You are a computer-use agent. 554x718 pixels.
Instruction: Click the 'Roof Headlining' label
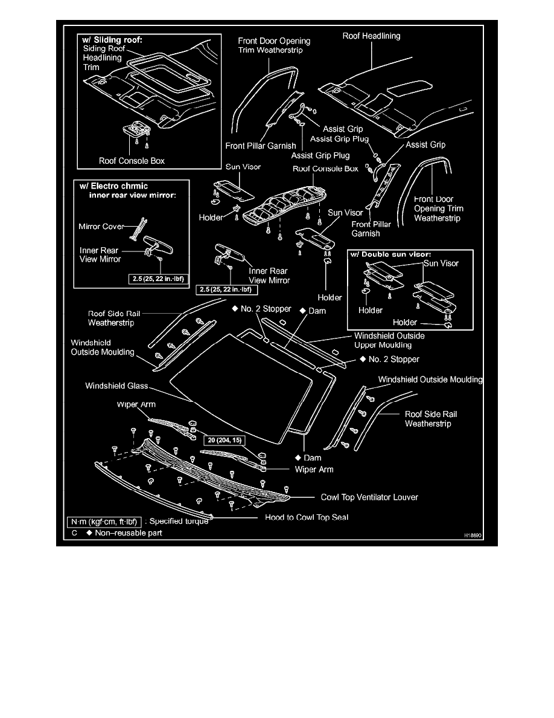tap(371, 36)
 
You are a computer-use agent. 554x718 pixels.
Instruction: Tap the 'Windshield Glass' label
tap(116, 385)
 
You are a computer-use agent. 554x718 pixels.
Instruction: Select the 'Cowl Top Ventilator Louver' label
tap(369, 497)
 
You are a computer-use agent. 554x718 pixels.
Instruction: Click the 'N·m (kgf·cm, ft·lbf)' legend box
tap(104, 521)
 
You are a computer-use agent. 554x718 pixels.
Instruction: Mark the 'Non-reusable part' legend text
tap(129, 533)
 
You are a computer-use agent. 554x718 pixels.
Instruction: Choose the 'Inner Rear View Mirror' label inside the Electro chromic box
tap(100, 254)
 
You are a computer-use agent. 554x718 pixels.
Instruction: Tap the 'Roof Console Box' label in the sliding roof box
tap(132, 161)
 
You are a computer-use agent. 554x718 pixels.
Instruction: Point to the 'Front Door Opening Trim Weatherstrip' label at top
tap(273, 45)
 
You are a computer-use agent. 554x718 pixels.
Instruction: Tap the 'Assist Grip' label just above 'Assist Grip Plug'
tap(343, 129)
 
